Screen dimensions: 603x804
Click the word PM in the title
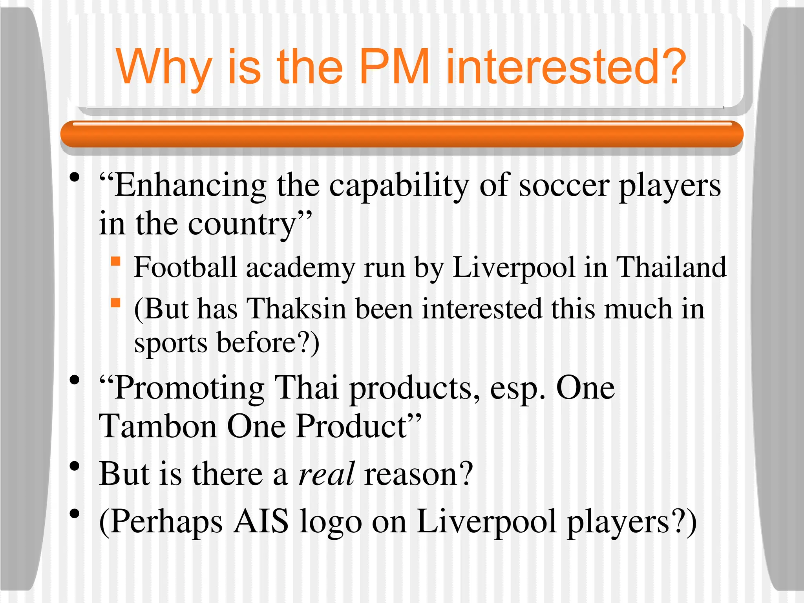[x=395, y=67]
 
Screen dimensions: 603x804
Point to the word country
[x=241, y=224]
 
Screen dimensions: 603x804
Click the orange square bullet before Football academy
[x=115, y=261]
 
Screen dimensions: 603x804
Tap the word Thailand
[x=671, y=267]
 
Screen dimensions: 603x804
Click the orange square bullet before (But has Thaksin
[x=115, y=303]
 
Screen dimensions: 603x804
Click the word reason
[x=418, y=474]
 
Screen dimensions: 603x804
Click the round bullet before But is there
[x=75, y=466]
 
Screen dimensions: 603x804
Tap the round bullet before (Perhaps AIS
[x=75, y=514]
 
